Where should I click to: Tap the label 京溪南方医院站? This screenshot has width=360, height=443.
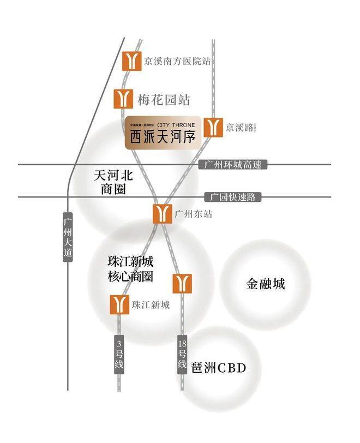[177, 61]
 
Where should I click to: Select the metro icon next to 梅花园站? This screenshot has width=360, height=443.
[124, 99]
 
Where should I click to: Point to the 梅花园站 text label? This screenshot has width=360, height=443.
[163, 100]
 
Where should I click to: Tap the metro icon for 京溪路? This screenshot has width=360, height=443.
[213, 128]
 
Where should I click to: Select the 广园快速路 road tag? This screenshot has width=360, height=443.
[233, 197]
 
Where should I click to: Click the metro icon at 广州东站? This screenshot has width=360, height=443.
[163, 214]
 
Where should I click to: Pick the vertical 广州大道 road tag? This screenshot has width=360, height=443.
[68, 237]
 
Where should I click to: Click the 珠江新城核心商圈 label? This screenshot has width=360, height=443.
[130, 268]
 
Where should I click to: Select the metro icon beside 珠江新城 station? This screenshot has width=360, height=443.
[120, 304]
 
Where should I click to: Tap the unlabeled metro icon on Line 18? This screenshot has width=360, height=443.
[182, 283]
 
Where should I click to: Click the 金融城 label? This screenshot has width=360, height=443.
[266, 284]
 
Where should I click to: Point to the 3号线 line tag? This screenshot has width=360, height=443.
[119, 355]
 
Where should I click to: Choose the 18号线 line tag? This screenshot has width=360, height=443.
[182, 354]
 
